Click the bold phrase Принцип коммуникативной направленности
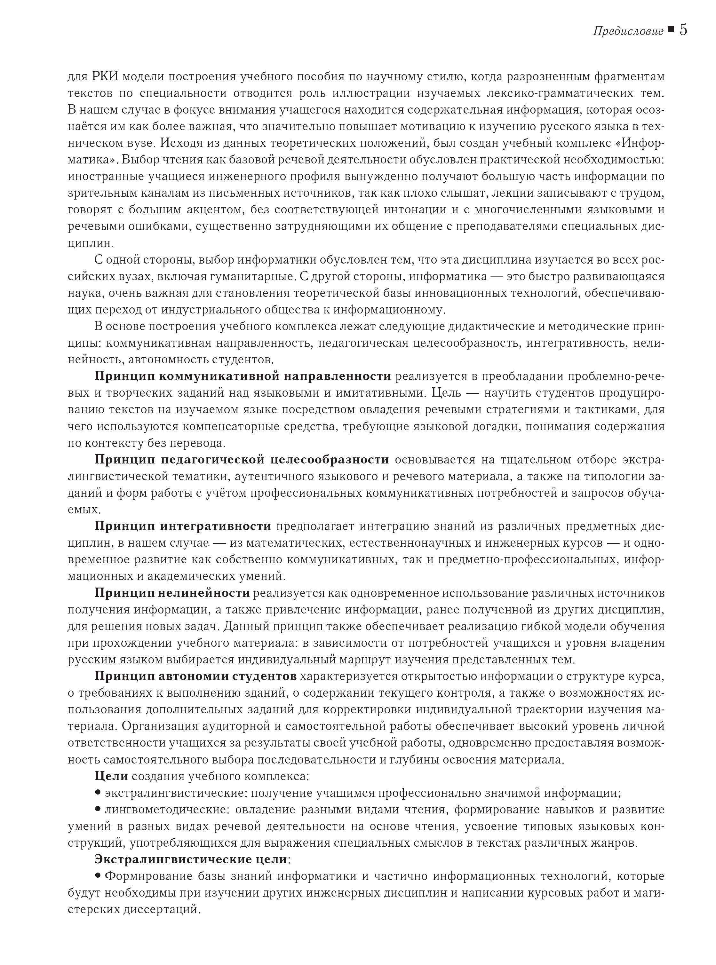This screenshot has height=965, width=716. pyautogui.click(x=243, y=376)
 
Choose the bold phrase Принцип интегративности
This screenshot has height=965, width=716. pyautogui.click(x=182, y=526)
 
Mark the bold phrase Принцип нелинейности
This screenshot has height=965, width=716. pyautogui.click(x=172, y=593)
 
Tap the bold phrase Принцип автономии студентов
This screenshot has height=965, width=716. pyautogui.click(x=195, y=676)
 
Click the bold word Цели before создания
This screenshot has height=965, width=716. pyautogui.click(x=111, y=776)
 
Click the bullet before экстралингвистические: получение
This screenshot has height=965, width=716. pyautogui.click(x=98, y=793)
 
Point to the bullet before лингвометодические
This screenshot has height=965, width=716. pyautogui.click(x=98, y=809)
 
